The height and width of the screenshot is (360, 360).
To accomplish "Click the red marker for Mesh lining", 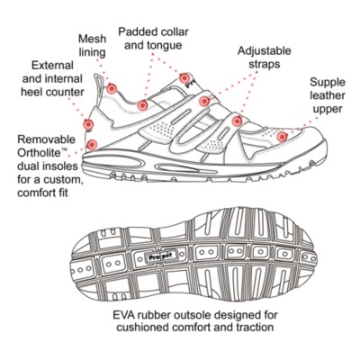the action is (112, 88).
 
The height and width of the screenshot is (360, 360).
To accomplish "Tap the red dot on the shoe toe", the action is (282, 137).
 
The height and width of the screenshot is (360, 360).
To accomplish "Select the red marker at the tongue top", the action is (184, 78).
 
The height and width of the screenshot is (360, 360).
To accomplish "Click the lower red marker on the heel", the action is (92, 145).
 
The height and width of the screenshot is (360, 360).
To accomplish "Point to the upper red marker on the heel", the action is (88, 124).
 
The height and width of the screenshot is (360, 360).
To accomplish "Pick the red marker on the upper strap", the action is (204, 102).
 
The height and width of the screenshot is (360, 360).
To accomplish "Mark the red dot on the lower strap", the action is (237, 121).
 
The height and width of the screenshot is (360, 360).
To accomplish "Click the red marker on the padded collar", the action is (142, 105).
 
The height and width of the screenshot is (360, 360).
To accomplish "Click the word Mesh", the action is (92, 39).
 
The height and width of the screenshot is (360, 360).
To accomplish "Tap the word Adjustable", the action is (265, 50).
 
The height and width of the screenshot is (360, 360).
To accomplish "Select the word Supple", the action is (328, 83).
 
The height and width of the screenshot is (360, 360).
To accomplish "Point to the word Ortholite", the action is (40, 153).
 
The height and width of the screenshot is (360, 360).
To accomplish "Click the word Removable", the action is (47, 139).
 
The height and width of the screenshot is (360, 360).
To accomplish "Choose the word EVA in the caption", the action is (122, 315).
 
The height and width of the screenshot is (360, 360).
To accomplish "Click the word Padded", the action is (136, 31).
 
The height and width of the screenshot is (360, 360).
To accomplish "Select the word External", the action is (52, 65).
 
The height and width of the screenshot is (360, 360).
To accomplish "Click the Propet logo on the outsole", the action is (160, 256).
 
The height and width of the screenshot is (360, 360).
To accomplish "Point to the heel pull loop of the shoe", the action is (98, 90).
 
